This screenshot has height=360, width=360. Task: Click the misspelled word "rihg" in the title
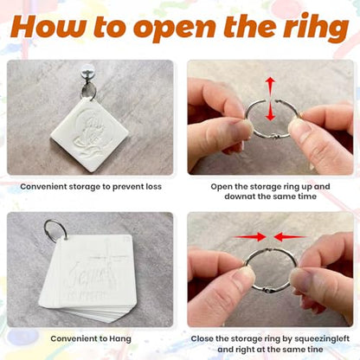(x=316, y=27)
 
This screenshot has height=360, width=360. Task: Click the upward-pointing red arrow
(x=270, y=87)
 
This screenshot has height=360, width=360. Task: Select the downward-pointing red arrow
(x=270, y=112)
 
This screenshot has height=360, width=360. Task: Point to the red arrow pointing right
(x=249, y=237)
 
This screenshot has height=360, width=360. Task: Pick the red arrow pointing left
(x=290, y=237)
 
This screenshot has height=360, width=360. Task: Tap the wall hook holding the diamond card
(x=86, y=75)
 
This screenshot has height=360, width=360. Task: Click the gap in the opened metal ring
(x=270, y=100)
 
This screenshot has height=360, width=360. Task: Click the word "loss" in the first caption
(x=153, y=187)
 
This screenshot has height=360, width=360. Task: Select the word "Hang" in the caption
(x=120, y=339)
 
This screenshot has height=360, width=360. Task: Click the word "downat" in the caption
(x=240, y=196)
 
